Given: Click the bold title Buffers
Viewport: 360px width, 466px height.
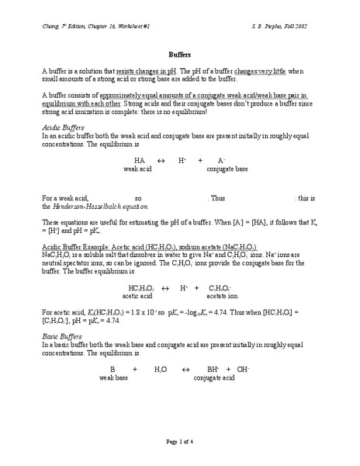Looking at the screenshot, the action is [x=179, y=54].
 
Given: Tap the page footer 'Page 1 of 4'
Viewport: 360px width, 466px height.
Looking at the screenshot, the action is [x=180, y=442].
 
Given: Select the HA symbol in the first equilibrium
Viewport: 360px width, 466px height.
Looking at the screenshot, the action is [x=139, y=159].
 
